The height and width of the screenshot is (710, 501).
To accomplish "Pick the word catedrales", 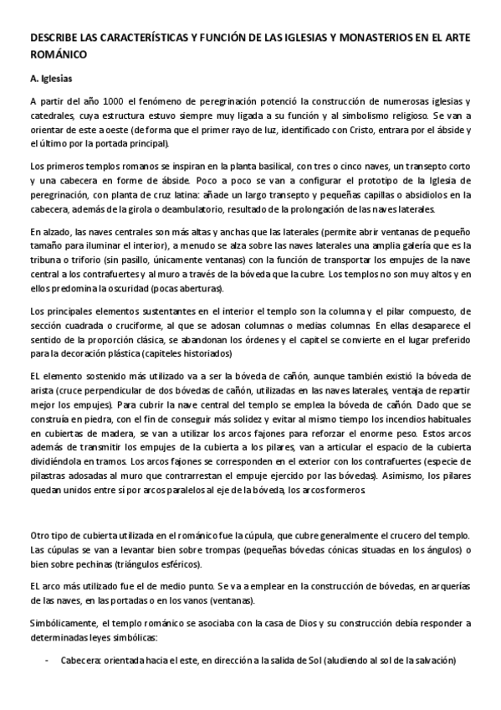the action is click(x=51, y=116).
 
